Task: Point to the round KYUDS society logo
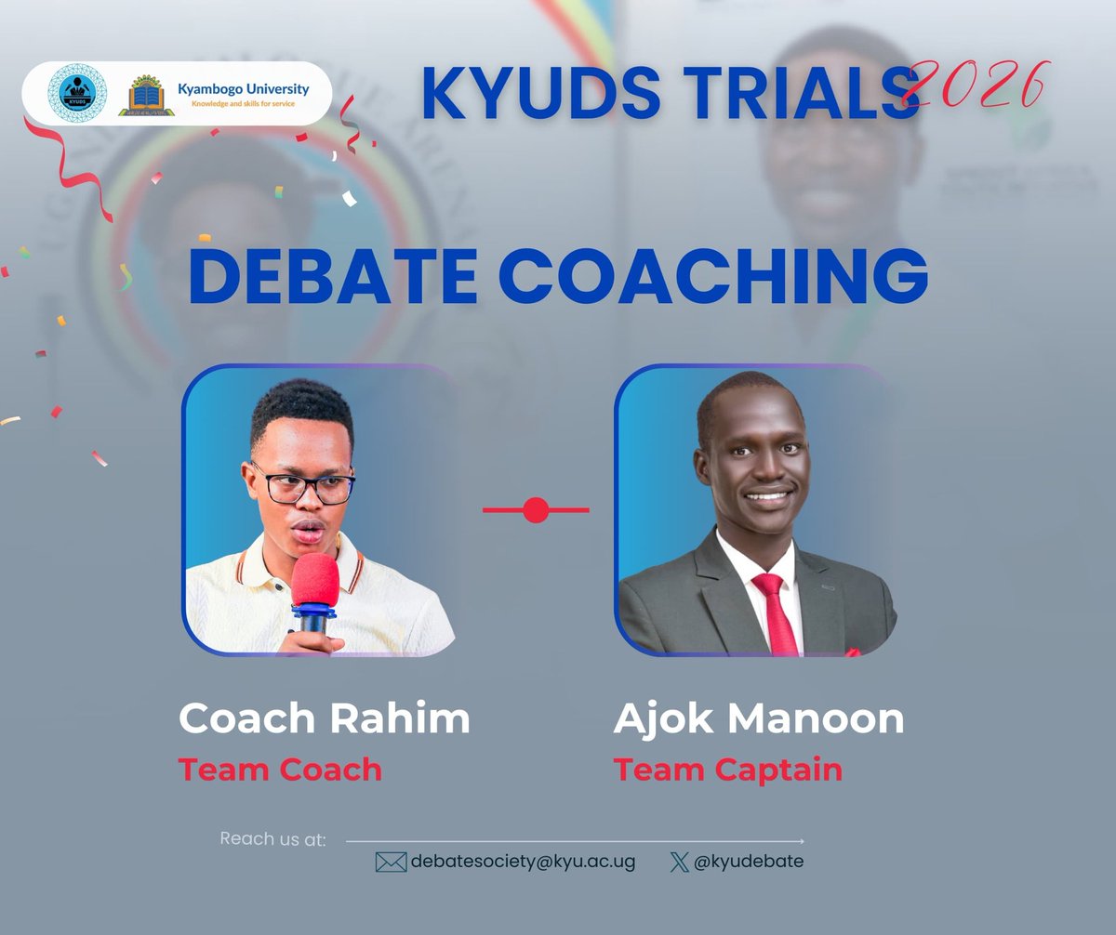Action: coord(76,94)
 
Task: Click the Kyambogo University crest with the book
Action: coord(146,96)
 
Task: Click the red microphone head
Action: coord(316,580)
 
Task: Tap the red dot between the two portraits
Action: coord(536,510)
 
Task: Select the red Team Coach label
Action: coord(280,770)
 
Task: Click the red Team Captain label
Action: coord(727,770)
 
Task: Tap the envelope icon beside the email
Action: coord(391,863)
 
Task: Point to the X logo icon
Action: coord(679,862)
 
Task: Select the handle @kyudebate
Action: coord(749,862)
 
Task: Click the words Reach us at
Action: coord(272,839)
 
